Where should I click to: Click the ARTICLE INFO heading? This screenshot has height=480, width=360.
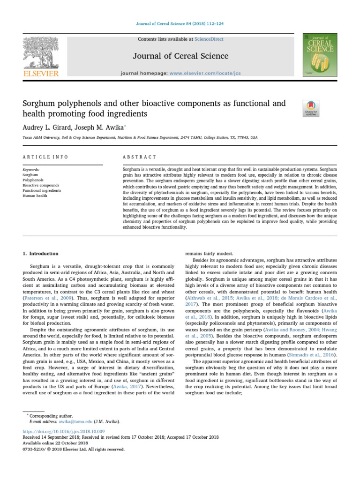[x=45, y=157]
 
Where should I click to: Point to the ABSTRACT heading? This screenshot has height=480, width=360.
[x=139, y=157]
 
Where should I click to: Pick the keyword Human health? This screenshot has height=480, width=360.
[x=35, y=196]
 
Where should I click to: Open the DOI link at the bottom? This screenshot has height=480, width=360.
[x=64, y=431]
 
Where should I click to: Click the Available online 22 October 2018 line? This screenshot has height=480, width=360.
[x=55, y=442]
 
